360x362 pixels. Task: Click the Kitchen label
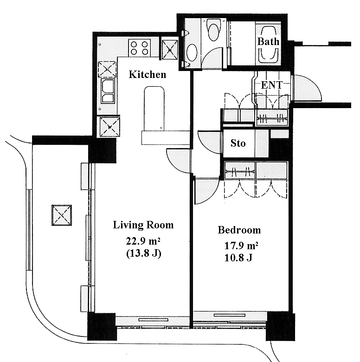click(148, 75)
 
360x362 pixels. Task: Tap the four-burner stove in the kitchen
click(139, 48)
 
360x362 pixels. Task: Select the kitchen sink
click(108, 90)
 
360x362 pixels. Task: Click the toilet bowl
click(214, 30)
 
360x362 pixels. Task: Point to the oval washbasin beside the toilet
click(192, 52)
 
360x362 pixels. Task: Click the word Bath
click(268, 42)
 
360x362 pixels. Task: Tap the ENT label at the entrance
click(271, 85)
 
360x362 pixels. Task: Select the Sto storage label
click(238, 143)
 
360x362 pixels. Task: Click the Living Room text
click(143, 225)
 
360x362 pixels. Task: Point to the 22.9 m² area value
click(143, 241)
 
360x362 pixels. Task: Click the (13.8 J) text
click(143, 253)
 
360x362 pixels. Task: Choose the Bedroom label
click(239, 230)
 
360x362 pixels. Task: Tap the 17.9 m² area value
click(241, 246)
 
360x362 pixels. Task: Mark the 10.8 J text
click(238, 258)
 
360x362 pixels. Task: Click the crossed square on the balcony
click(62, 215)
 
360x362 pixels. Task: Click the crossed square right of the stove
click(170, 50)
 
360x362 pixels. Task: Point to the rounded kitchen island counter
click(154, 109)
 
